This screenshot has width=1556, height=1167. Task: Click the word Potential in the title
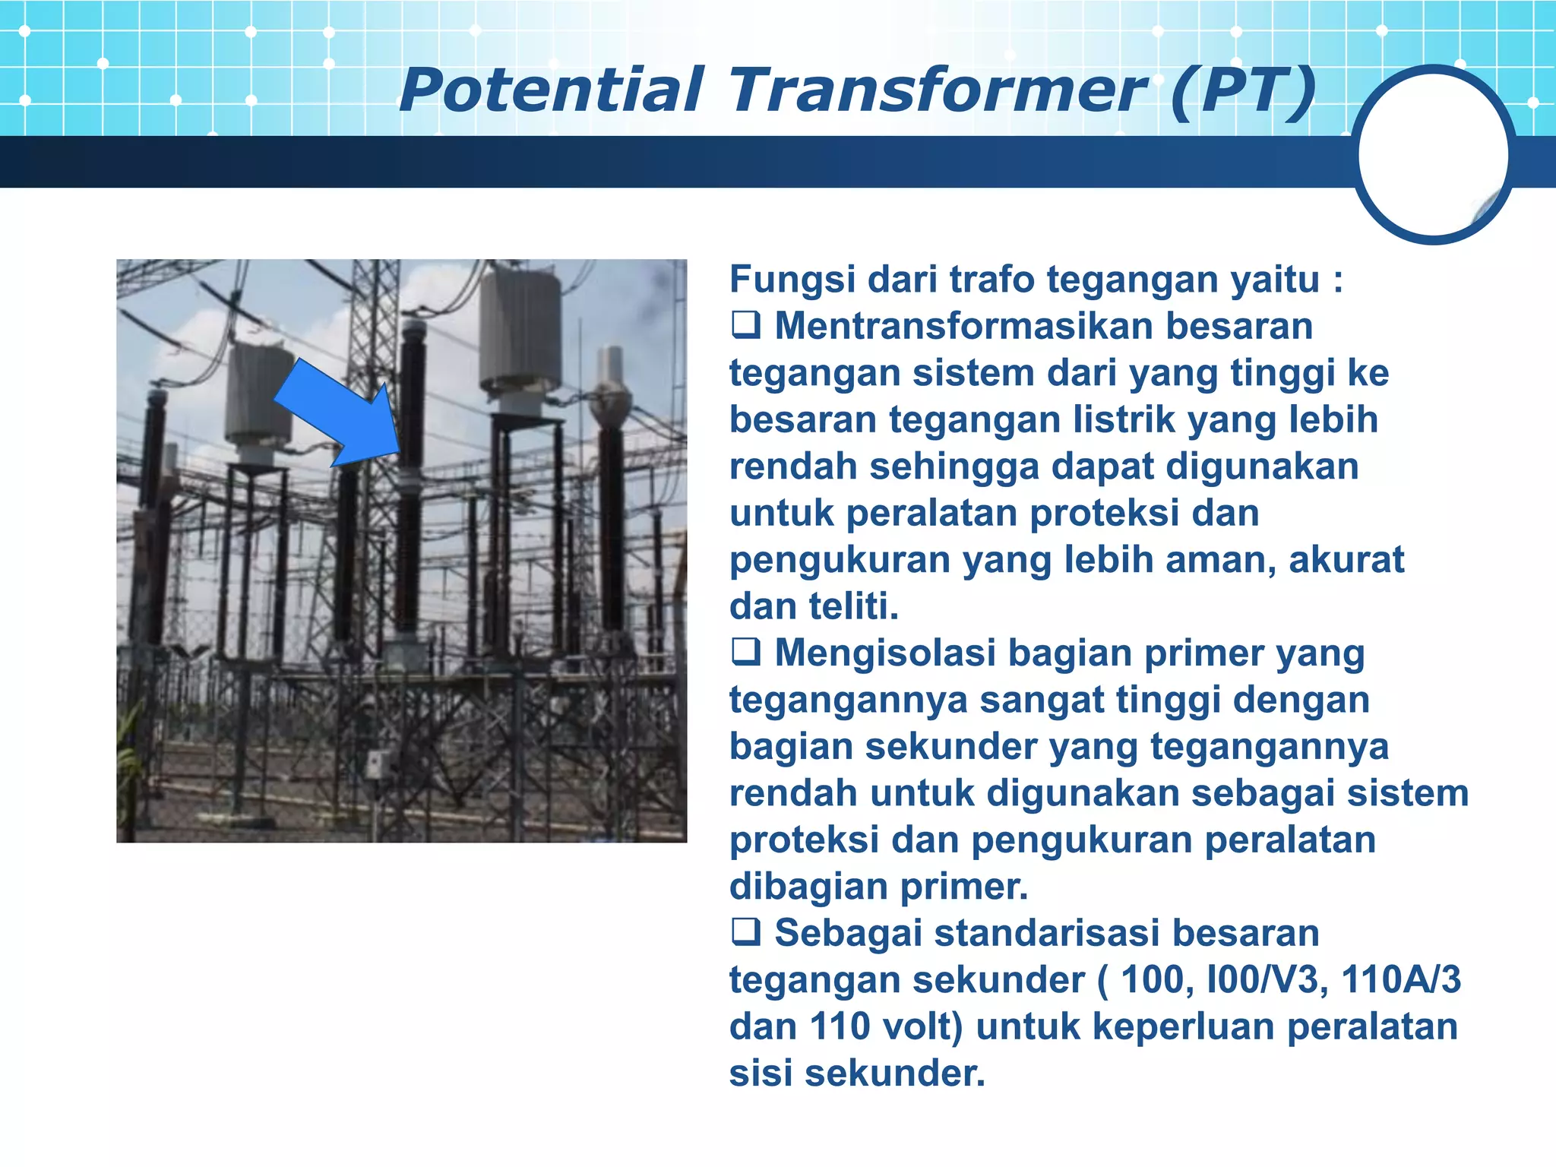coord(552,90)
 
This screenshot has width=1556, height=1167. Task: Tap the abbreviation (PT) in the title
coord(1243,90)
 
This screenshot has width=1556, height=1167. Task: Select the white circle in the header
coord(1433,154)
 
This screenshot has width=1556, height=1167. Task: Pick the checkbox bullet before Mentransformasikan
coord(745,326)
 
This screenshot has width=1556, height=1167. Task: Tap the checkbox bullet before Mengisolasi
coord(745,653)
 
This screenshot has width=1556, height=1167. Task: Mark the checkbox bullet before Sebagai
coord(745,932)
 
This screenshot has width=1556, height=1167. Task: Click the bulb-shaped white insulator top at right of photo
coord(611,399)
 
